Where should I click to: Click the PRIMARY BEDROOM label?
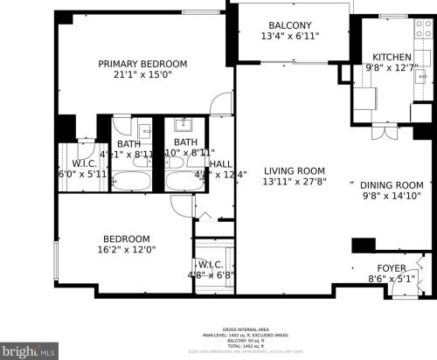coord(142,64)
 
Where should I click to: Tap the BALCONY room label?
coord(266,25)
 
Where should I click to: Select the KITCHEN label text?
coord(386,57)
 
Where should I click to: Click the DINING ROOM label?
coord(392,185)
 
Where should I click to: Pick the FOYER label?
coord(391,268)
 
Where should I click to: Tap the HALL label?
coord(220,163)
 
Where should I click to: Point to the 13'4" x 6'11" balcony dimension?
coord(266,37)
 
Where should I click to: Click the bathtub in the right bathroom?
coord(184,182)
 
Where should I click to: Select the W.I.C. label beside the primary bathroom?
coord(84,163)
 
